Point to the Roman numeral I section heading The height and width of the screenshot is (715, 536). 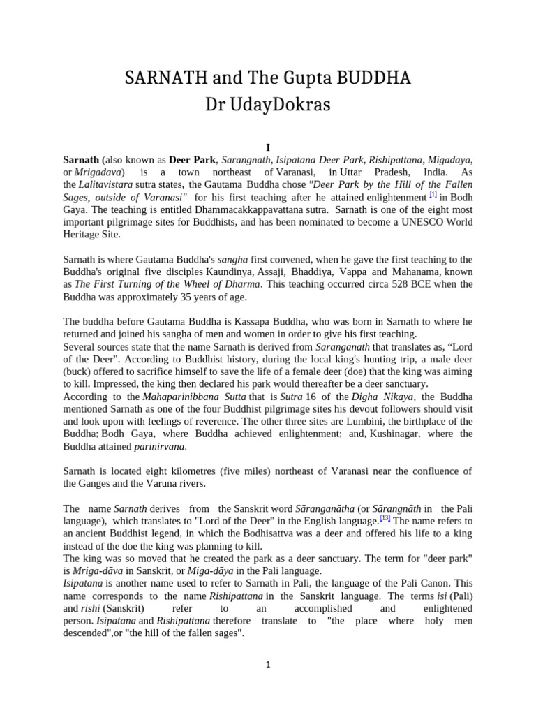pyautogui.click(x=267, y=147)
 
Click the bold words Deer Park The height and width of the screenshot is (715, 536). pyautogui.click(x=193, y=159)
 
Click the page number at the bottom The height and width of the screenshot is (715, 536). pyautogui.click(x=268, y=665)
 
